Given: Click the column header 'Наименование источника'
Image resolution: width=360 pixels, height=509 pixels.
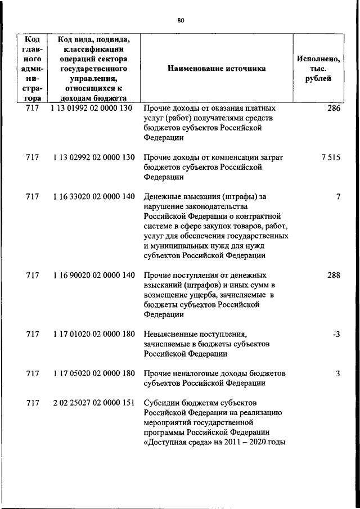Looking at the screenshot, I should pos(217,69).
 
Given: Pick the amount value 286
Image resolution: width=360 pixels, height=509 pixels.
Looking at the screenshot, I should pos(334,108).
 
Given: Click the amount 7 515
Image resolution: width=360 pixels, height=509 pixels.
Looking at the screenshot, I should pos(331,157).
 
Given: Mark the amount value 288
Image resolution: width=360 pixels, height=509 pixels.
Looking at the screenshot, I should pos(334,276).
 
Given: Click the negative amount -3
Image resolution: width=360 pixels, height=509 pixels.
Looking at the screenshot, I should pos(336,334).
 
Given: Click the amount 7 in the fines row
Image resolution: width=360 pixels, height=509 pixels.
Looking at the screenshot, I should pos(338,197).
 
